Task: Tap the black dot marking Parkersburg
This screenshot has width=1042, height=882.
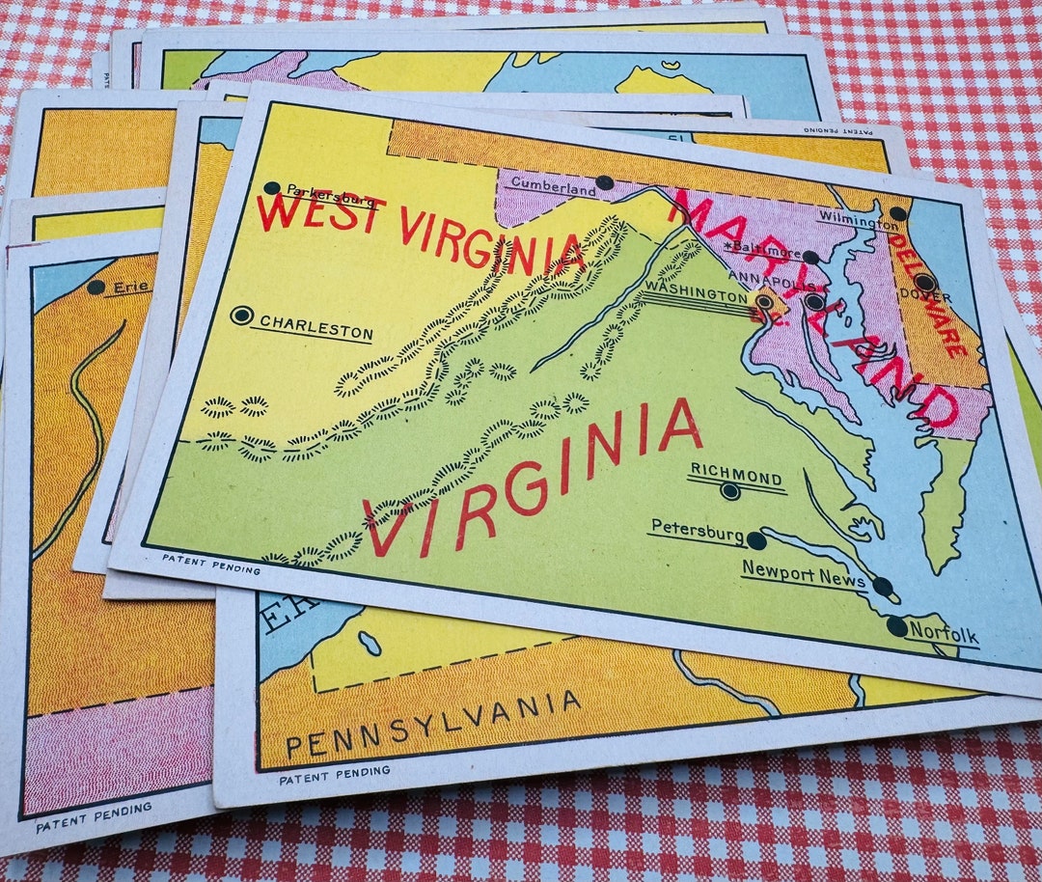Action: [272, 188]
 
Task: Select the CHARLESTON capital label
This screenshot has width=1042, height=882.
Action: [313, 329]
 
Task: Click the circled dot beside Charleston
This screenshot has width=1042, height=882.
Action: [242, 315]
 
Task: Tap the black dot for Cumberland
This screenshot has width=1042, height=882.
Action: [604, 182]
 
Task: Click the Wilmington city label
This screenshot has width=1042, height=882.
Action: [858, 221]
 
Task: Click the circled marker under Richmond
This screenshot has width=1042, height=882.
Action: [730, 491]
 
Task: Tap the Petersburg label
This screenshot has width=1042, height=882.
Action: [697, 530]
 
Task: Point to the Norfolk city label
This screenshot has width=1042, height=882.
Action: [944, 636]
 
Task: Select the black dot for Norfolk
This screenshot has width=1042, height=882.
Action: [897, 626]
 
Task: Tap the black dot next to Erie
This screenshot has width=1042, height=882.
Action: [96, 287]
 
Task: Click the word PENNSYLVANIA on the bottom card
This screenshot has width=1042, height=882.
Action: [433, 724]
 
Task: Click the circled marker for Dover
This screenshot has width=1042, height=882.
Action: [924, 283]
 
